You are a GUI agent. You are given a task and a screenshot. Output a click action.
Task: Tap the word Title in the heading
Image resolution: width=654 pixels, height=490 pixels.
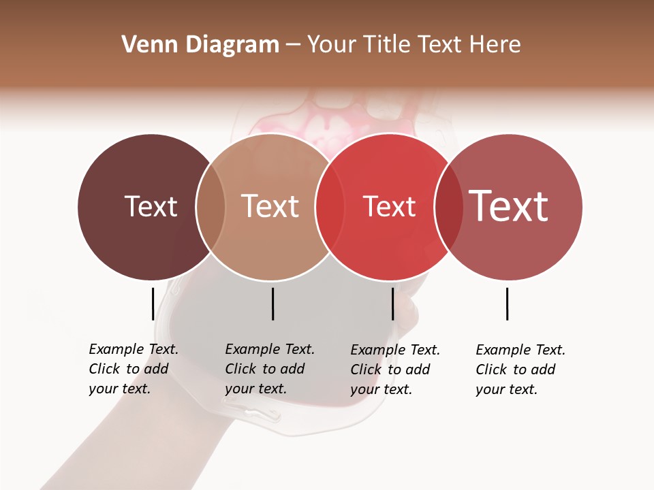tap(386, 45)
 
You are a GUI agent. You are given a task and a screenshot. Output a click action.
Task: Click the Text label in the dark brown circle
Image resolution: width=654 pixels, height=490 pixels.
tap(151, 206)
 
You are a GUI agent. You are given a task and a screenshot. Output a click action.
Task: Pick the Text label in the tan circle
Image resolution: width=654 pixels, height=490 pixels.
tap(270, 206)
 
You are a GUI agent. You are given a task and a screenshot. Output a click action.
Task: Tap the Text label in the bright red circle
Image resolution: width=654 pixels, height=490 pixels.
tap(389, 206)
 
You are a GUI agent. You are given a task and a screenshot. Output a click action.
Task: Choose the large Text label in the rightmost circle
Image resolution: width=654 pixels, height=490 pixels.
tap(509, 206)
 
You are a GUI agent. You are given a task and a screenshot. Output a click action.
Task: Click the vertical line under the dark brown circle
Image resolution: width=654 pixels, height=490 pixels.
tap(153, 304)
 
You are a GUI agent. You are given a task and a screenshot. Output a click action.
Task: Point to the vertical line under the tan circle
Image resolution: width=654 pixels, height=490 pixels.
tap(272, 304)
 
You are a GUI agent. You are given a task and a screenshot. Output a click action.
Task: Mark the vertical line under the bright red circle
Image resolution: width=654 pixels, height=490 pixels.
tap(392, 304)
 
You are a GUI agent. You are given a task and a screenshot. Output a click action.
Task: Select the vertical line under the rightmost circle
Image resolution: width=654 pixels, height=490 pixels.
tap(507, 304)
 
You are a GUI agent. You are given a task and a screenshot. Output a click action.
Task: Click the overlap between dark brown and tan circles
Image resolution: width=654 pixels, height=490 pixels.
tap(211, 207)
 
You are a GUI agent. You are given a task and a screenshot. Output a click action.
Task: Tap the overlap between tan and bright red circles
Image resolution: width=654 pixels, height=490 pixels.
tap(329, 207)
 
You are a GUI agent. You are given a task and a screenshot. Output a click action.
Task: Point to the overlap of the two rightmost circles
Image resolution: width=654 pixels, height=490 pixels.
tap(448, 207)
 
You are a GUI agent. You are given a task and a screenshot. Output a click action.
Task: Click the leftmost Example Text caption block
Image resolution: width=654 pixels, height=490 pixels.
tap(134, 369)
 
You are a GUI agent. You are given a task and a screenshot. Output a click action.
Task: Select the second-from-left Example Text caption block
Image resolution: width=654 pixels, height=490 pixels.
tap(270, 369)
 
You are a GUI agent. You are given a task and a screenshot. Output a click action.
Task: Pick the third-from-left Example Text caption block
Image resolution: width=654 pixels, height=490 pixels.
tap(395, 370)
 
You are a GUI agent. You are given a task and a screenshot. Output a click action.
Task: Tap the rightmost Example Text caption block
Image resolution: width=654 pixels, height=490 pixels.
tap(520, 370)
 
